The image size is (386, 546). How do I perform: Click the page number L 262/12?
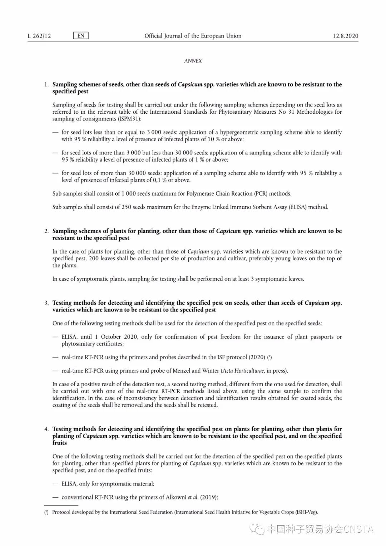tap(39, 36)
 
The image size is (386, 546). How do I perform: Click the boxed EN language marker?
tap(81, 35)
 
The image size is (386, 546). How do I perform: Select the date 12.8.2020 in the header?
tap(345, 36)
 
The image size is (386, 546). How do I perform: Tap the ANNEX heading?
tap(193, 61)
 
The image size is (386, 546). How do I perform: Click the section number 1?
tap(46, 85)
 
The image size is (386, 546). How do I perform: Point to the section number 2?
tap(46, 231)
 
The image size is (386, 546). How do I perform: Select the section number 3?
tap(46, 303)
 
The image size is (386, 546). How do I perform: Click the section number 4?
tap(46, 429)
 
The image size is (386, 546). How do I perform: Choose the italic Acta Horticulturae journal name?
tap(243, 371)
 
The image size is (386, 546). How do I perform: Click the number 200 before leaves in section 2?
tap(93, 259)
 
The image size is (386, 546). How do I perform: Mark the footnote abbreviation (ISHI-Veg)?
tap(307, 512)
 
